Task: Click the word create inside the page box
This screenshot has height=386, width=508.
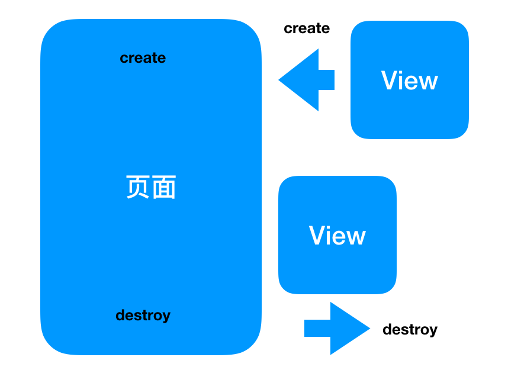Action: [x=143, y=58]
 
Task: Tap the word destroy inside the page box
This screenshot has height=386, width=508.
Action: [x=143, y=316]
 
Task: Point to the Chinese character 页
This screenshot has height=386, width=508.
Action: [x=138, y=188]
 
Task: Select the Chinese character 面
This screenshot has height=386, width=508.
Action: [x=164, y=188]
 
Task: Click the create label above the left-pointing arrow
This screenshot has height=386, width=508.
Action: [x=307, y=28]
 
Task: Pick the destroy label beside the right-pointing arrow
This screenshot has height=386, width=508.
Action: [x=410, y=330]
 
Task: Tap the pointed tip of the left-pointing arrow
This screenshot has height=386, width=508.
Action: [x=281, y=79]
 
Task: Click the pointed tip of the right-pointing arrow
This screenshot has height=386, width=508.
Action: [x=368, y=328]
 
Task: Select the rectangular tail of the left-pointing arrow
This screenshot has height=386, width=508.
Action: [x=327, y=80]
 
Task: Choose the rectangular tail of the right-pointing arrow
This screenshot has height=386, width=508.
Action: [x=317, y=328]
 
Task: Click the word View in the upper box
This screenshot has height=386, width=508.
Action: [x=409, y=81]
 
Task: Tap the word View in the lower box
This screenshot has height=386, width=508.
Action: [x=337, y=236]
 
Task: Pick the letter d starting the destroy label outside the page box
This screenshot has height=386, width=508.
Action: [x=387, y=329]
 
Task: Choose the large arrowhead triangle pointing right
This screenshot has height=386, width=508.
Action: [x=346, y=328]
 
